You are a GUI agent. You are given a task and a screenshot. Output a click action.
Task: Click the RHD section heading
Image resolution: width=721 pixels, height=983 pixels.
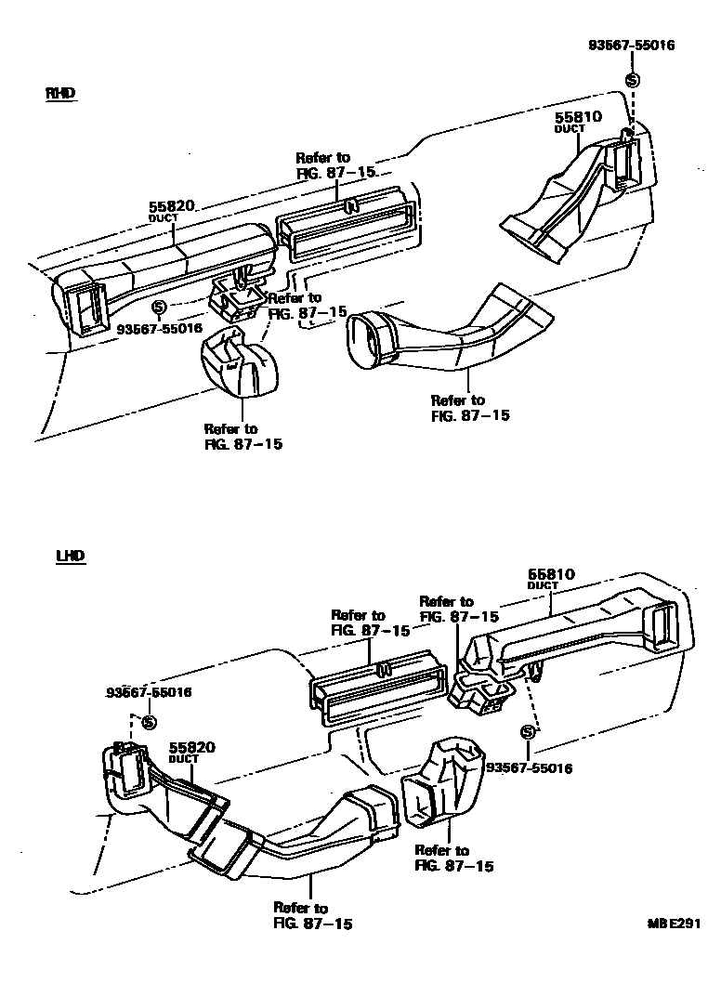59,93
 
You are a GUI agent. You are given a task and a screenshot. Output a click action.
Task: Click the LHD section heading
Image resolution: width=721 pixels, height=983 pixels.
69,556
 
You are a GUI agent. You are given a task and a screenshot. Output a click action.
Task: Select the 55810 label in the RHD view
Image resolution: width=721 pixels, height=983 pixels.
579,118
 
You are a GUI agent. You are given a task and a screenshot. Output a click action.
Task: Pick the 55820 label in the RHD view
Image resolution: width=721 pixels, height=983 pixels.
171,207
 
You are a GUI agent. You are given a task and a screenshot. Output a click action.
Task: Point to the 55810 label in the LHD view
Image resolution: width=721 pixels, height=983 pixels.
552,575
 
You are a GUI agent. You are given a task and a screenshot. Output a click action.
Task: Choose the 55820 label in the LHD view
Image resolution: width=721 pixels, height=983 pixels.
192,747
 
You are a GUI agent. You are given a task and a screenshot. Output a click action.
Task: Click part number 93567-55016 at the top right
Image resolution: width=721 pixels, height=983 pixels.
631,46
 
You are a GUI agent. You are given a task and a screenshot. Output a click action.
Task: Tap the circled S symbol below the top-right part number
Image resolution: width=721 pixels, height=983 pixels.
633,80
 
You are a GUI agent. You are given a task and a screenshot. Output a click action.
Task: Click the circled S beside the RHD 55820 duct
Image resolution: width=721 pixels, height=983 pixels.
158,307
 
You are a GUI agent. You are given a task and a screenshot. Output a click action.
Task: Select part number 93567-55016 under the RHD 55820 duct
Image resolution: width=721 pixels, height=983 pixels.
160,328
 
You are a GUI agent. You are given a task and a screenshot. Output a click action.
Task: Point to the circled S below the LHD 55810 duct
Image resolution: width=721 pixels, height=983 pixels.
528,732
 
